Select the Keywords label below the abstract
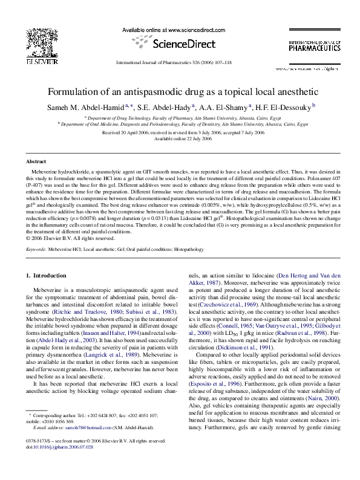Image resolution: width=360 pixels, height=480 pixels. [37, 248]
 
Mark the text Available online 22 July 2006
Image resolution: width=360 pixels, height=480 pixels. [180, 138]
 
